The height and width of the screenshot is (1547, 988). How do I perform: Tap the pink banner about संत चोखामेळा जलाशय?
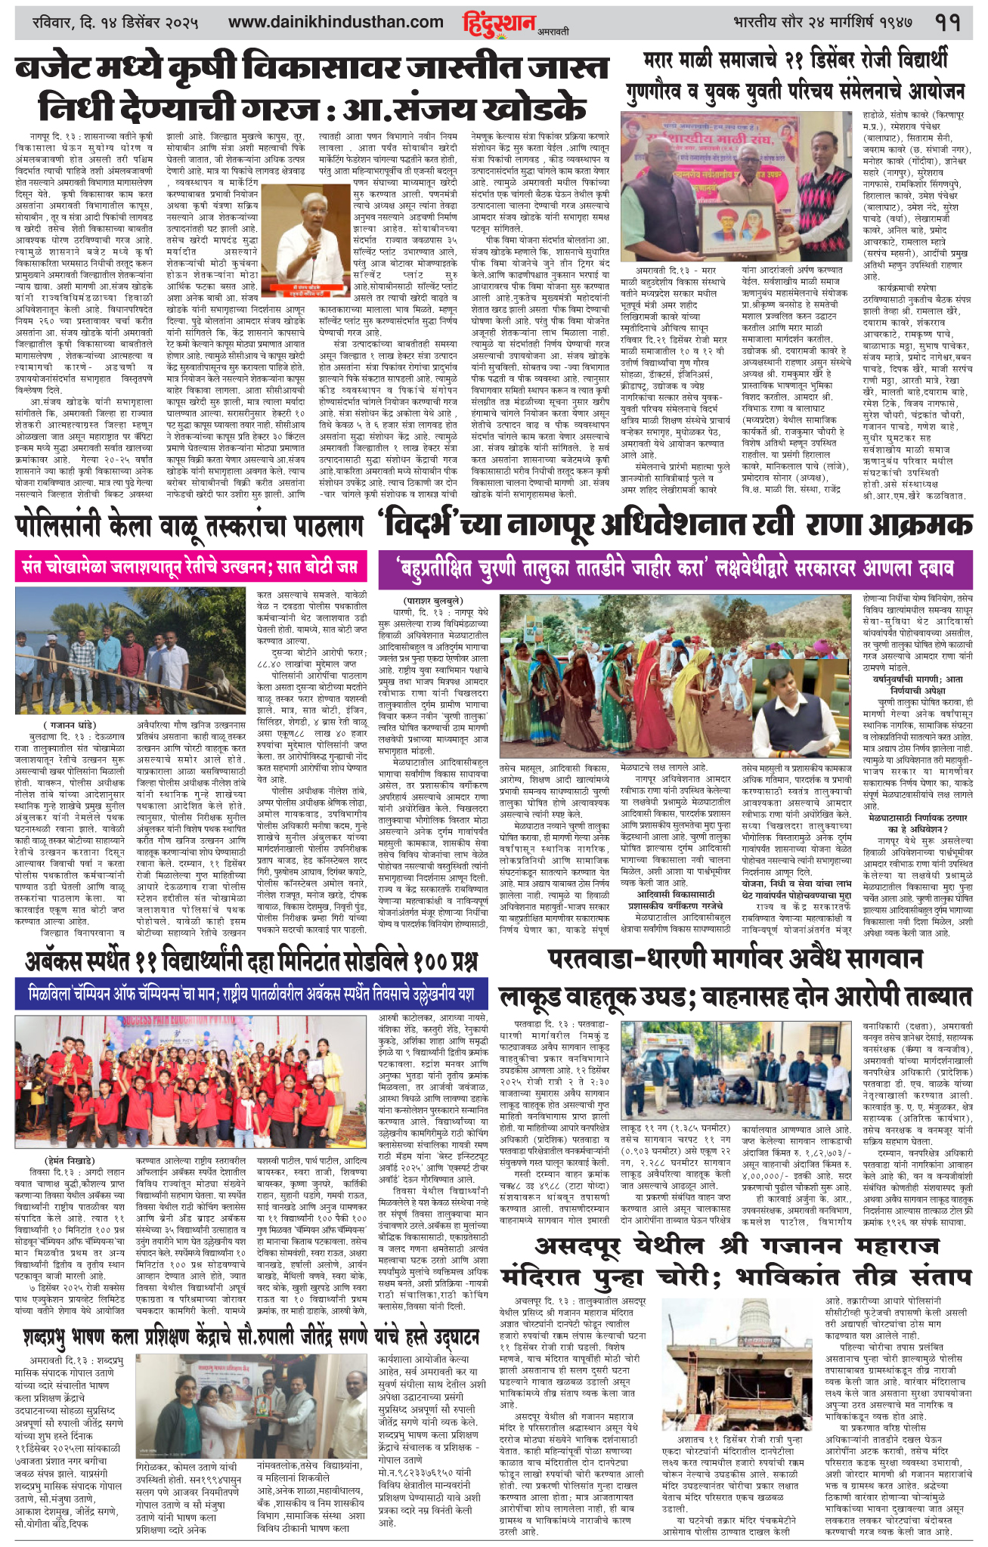186,566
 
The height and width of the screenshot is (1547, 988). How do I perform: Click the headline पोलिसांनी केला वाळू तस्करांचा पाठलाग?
186,526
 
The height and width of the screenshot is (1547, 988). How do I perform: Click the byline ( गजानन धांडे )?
75,726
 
